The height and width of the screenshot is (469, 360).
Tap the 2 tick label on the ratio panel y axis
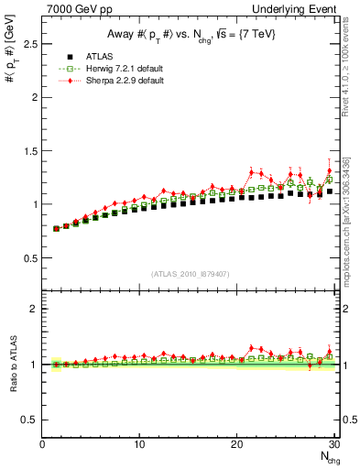pyautogui.click(x=33, y=309)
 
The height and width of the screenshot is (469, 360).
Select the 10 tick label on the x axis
pyautogui.click(x=139, y=444)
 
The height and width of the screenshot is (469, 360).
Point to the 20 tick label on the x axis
pyautogui.click(x=236, y=444)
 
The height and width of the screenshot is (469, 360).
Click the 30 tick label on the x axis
pyautogui.click(x=333, y=444)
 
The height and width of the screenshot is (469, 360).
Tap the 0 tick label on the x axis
pyautogui.click(x=42, y=444)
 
